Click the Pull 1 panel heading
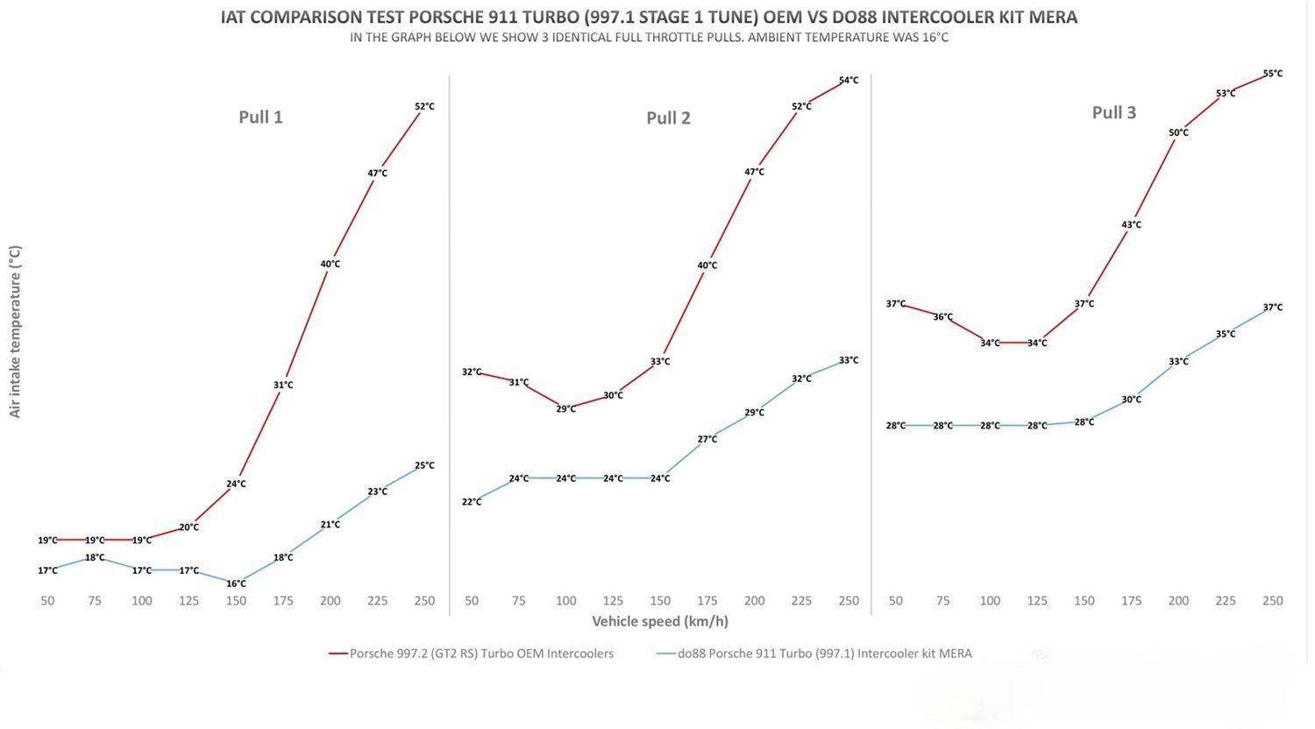point(260,117)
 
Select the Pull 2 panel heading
point(668,118)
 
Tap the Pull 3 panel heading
point(1113,113)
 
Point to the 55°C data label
point(1272,74)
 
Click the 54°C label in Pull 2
point(849,81)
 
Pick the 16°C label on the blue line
point(236,584)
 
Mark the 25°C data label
point(424,465)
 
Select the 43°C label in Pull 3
point(1131,225)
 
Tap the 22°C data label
point(472,502)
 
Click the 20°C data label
point(188,527)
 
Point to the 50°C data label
point(1178,133)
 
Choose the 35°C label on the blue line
point(1226,334)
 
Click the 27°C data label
point(707,439)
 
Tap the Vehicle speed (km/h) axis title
point(659,622)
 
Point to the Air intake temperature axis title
point(15,331)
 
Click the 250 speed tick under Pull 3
point(1272,601)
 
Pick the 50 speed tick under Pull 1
point(47,601)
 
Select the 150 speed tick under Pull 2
point(660,601)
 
